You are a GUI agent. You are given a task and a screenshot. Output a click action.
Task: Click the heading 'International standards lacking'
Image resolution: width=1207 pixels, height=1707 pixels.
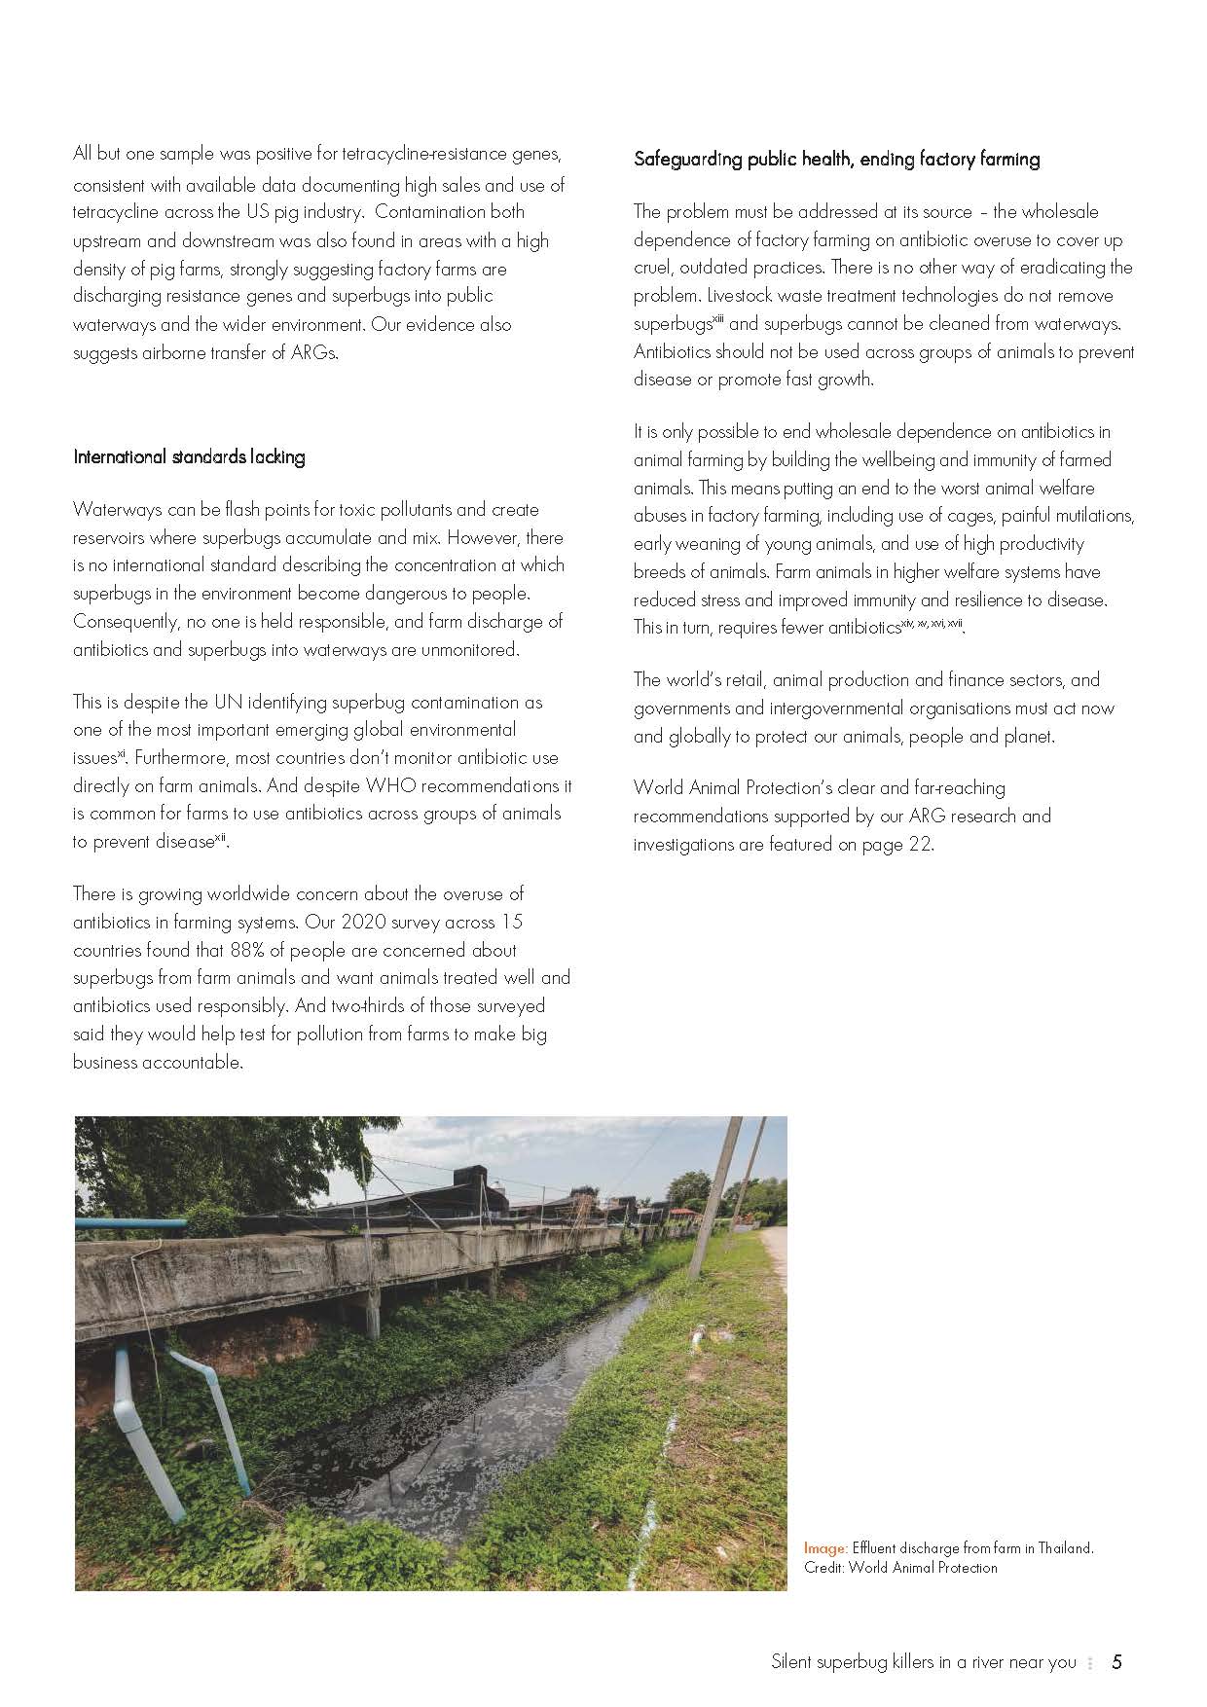189,456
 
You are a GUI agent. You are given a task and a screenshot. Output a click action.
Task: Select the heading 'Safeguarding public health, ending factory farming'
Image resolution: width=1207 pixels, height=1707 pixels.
836,159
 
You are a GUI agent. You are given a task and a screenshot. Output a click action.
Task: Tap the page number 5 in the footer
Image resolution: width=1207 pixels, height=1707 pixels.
1116,1661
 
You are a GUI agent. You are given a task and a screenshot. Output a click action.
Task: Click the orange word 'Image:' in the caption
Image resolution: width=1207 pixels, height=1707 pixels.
825,1547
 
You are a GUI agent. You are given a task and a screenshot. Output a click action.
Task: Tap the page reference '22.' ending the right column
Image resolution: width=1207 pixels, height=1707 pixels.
921,845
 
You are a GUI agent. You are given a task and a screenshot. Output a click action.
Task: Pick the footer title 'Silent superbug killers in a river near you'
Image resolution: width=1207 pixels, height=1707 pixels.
923,1661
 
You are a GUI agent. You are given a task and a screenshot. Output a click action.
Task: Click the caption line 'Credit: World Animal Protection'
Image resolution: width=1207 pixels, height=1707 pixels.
900,1567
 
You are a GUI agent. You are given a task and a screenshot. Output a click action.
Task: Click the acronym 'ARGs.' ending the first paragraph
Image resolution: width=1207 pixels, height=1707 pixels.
312,353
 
